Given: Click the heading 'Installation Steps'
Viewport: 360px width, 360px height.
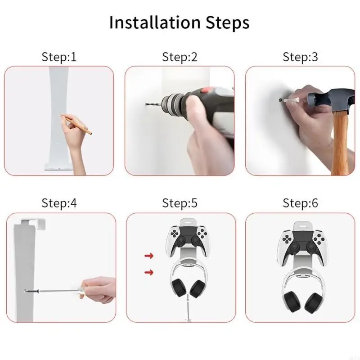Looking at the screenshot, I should pyautogui.click(x=179, y=22).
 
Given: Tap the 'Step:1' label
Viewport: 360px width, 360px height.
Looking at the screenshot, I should pyautogui.click(x=59, y=57).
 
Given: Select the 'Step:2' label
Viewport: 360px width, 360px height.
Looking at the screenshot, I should pyautogui.click(x=180, y=57).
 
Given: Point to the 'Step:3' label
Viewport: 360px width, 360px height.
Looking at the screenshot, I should pyautogui.click(x=300, y=57).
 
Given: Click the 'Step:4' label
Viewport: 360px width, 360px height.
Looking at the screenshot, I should pyautogui.click(x=59, y=203).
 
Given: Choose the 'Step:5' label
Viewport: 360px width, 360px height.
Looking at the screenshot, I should pyautogui.click(x=180, y=203).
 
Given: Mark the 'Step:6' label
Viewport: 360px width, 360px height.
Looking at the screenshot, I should pyautogui.click(x=300, y=203).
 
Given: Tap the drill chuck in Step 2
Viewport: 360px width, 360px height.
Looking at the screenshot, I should pyautogui.click(x=174, y=104).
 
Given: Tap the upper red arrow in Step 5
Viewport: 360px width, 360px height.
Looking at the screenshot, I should pyautogui.click(x=149, y=256).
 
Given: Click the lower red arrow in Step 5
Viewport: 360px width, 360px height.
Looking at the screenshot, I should pyautogui.click(x=149, y=272).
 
